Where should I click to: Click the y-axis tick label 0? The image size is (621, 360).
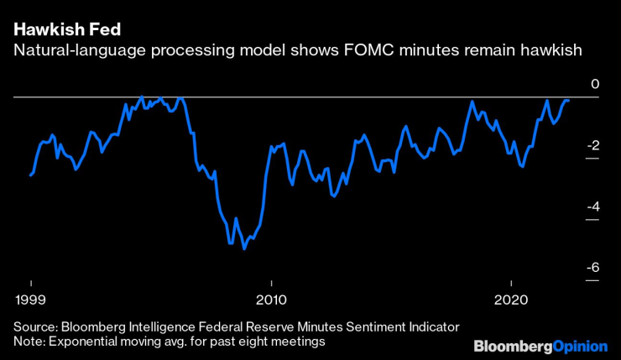pos(594,85)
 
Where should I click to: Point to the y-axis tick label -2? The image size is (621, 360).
pos(592,145)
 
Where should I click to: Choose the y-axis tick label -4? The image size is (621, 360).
pos(592,206)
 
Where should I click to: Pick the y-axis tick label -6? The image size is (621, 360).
pos(592,268)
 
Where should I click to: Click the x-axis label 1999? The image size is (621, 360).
pos(31,300)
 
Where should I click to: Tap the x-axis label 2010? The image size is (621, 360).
pos(270,300)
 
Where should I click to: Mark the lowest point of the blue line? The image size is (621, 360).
pos(244,248)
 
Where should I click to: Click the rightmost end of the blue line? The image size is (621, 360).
pos(569,101)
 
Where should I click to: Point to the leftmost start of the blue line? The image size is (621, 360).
pos(31,175)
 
